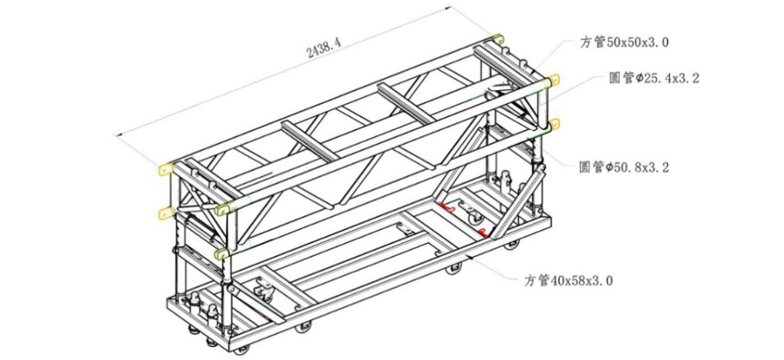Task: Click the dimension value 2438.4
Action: (324, 49)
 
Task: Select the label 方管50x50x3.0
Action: (624, 42)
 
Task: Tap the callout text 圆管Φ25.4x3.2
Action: (653, 78)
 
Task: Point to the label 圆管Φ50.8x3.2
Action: (624, 168)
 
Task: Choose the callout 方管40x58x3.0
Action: (568, 280)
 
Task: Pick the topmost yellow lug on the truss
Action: (497, 38)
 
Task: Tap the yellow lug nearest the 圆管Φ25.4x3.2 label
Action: (552, 80)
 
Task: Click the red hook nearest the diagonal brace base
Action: (483, 232)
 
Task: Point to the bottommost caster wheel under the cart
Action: (242, 350)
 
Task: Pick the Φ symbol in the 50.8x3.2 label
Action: (611, 168)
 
